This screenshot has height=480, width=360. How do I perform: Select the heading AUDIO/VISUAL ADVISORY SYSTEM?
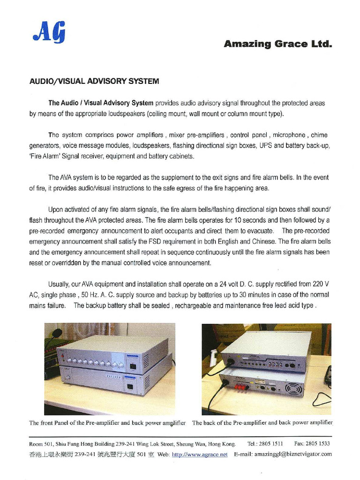point(94,81)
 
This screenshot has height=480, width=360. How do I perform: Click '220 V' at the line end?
point(320,284)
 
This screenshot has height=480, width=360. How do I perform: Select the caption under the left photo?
point(107,423)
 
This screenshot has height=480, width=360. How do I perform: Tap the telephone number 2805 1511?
point(271,443)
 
